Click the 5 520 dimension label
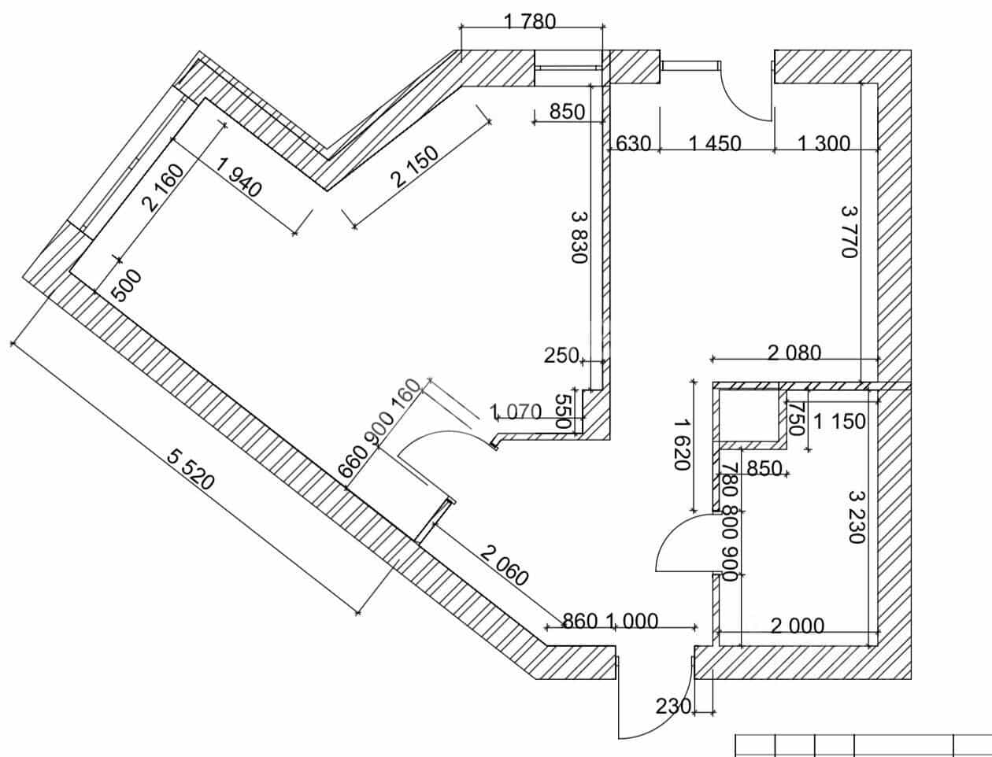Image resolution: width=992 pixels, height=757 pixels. click(x=191, y=469)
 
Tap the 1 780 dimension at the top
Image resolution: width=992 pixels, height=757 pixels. click(x=530, y=22)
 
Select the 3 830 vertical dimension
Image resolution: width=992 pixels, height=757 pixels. click(x=579, y=237)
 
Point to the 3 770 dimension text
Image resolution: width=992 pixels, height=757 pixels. click(x=849, y=231)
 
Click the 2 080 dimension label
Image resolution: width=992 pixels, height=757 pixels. click(x=794, y=353)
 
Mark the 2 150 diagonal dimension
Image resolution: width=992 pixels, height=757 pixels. click(x=416, y=166)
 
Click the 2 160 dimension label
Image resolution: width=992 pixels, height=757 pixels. click(x=163, y=188)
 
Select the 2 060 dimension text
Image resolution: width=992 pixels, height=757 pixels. click(x=504, y=566)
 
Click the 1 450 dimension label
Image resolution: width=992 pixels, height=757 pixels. click(x=715, y=144)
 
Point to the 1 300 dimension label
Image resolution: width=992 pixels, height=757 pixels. click(x=824, y=144)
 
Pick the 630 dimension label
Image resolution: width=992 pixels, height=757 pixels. click(x=633, y=144)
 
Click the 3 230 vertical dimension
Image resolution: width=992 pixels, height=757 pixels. click(x=857, y=517)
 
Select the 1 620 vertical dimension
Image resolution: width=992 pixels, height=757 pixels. click(x=682, y=445)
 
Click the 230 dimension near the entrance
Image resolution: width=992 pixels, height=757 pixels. click(x=674, y=707)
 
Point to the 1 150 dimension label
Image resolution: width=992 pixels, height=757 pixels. click(x=839, y=422)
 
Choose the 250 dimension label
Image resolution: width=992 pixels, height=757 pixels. click(x=561, y=356)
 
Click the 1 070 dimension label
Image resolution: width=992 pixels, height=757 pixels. click(x=516, y=412)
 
